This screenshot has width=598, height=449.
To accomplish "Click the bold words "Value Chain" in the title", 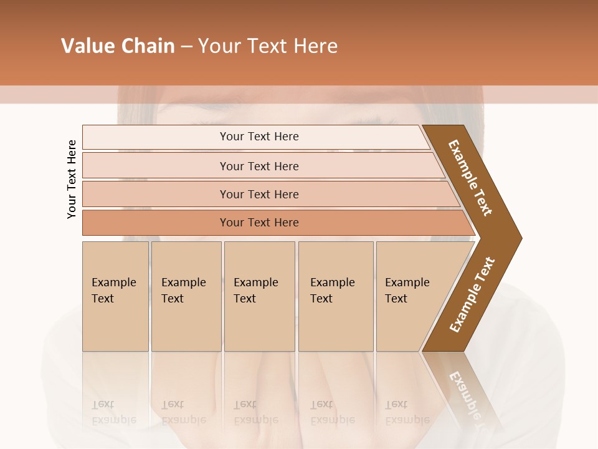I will tap(118, 46).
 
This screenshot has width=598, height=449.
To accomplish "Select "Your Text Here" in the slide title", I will tap(268, 46).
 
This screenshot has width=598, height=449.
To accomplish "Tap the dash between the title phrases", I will tap(186, 47).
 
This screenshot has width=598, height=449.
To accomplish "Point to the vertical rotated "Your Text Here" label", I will tap(72, 179).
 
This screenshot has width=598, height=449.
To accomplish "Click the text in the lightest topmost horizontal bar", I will tap(259, 137).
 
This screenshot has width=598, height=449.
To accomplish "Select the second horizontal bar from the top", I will tap(259, 166).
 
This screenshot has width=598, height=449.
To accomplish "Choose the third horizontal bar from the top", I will tap(259, 194).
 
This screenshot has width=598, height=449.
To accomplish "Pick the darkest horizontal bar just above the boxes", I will tap(259, 223).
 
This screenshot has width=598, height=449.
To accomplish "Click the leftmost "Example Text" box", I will tap(115, 296).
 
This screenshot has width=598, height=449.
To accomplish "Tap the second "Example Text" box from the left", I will tap(186, 296).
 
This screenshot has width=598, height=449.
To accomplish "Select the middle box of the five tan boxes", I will tap(259, 296).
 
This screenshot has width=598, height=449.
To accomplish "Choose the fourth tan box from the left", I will tap(335, 296).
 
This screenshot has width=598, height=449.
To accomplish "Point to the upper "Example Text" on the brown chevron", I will tap(470, 178).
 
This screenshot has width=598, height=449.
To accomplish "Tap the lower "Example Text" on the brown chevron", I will tap(472, 295).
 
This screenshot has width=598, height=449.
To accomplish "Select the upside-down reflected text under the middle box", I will tap(255, 412).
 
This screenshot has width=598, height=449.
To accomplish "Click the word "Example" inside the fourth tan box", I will tap(333, 282).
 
